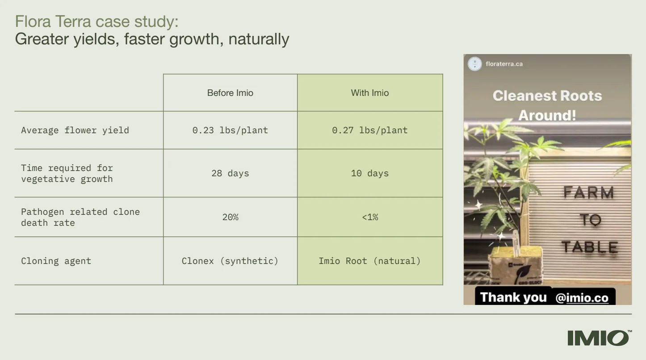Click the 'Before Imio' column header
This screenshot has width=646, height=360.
[230, 93]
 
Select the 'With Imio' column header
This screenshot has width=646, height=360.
[369, 93]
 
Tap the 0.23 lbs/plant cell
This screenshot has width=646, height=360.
[230, 130]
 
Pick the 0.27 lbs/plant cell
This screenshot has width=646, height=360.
[369, 130]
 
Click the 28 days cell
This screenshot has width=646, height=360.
[230, 173]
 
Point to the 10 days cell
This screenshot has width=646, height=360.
[369, 173]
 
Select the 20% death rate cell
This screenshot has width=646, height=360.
[230, 217]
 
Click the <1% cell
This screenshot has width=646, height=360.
[369, 217]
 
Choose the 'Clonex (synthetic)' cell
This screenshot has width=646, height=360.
[230, 261]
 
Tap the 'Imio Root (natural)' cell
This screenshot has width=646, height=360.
[369, 261]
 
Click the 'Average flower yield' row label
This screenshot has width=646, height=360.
[75, 130]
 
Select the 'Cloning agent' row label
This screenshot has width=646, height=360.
[56, 261]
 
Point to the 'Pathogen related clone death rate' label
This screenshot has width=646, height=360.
[80, 217]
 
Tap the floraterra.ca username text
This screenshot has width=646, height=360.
[504, 64]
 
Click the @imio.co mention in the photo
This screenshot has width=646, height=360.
[582, 298]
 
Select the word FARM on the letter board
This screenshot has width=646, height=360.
[588, 193]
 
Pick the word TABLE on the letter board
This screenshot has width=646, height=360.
[589, 247]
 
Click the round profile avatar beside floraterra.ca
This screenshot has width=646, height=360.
[474, 64]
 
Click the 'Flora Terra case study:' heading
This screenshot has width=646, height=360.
[96, 21]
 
